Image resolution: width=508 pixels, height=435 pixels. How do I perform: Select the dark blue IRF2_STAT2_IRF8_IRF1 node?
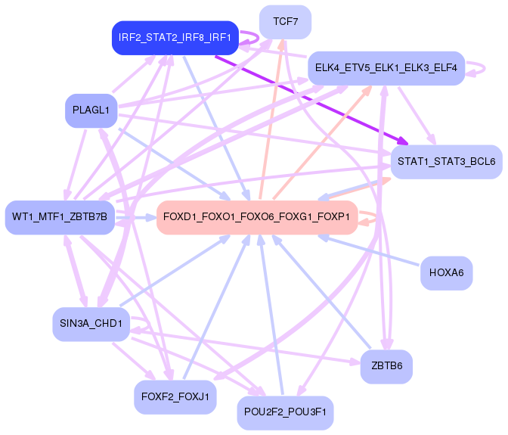tap(175, 37)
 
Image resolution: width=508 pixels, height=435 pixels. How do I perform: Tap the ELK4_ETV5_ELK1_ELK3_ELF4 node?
tap(386, 68)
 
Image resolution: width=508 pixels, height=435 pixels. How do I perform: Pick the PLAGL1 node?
tap(91, 110)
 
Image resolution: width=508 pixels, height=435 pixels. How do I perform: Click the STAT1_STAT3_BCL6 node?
tap(446, 162)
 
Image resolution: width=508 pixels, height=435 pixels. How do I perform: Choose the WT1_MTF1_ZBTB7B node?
tap(60, 218)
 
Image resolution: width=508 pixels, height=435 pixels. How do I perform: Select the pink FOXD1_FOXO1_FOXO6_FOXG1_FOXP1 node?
tap(256, 217)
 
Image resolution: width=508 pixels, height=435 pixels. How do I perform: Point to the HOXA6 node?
tap(446, 272)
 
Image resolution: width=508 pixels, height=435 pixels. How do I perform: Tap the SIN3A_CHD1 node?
tap(91, 324)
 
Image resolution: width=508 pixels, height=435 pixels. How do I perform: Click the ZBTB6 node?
tap(387, 366)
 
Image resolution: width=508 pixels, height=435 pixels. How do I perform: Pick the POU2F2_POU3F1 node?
tap(285, 412)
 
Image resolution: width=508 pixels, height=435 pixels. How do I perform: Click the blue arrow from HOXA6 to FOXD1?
tap(370, 250)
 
